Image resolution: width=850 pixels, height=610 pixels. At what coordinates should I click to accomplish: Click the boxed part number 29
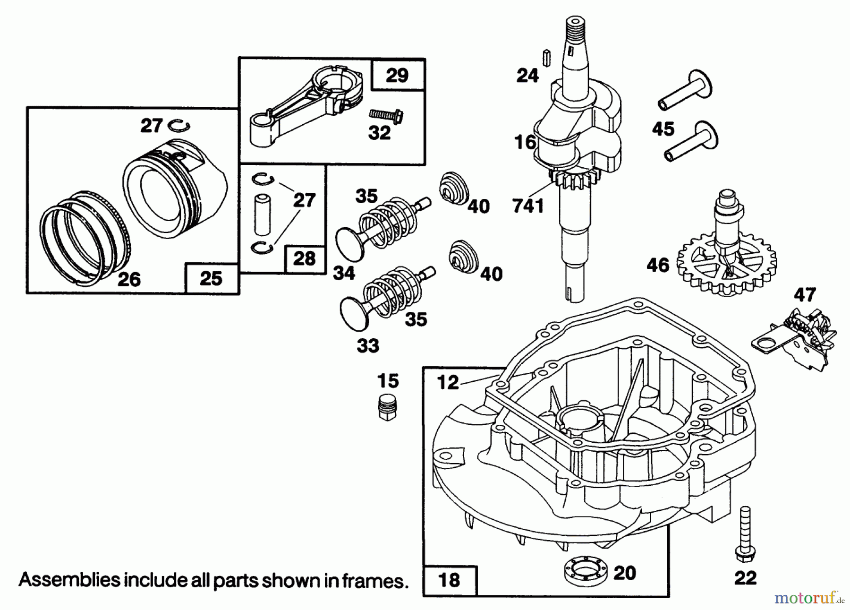(x=397, y=75)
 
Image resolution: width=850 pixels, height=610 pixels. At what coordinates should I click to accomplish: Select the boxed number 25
(x=211, y=278)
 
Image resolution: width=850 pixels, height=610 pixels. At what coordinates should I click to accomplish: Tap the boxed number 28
(x=304, y=259)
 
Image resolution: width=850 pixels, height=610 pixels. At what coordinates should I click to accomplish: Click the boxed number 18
(x=449, y=580)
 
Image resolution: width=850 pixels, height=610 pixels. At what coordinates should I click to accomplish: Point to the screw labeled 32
(x=386, y=114)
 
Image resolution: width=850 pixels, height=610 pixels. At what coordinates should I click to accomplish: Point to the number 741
(x=528, y=206)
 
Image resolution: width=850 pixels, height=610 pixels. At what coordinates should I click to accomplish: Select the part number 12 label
(x=448, y=382)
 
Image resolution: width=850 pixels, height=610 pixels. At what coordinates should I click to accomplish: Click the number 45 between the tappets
(x=663, y=129)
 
